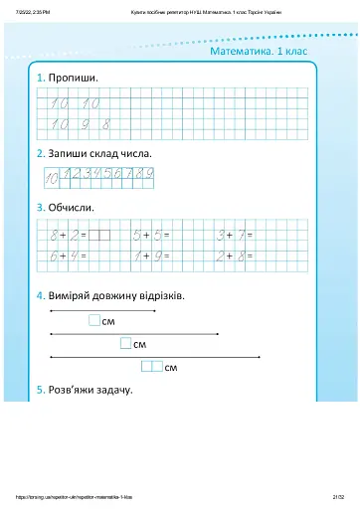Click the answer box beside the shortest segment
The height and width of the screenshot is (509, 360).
coord(94,321)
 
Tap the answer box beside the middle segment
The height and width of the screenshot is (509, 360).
coord(125,343)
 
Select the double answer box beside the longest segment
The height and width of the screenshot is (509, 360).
coord(151,367)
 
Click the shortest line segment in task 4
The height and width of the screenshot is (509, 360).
coord(89,311)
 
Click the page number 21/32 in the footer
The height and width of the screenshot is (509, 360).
coord(338,492)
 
